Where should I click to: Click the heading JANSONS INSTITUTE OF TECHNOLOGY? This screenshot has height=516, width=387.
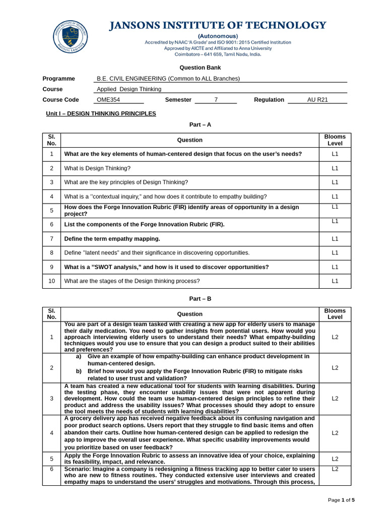click(x=218, y=26)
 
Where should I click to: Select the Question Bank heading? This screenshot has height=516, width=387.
click(x=200, y=68)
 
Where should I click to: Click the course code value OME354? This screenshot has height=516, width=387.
click(x=108, y=100)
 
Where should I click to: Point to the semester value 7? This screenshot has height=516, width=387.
click(x=216, y=100)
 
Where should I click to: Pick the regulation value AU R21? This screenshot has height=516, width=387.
click(x=317, y=100)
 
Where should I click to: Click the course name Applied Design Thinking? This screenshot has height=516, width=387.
click(x=129, y=89)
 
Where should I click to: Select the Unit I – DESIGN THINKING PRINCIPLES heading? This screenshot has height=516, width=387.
click(x=101, y=114)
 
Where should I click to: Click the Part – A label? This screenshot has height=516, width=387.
click(x=200, y=124)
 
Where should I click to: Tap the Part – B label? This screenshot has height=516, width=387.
click(x=200, y=299)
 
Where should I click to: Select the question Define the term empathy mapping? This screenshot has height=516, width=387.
click(x=112, y=239)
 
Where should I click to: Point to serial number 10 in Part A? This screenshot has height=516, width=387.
click(x=51, y=281)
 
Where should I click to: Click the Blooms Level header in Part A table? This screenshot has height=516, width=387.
click(x=335, y=140)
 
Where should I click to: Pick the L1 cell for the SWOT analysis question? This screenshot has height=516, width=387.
click(x=335, y=267)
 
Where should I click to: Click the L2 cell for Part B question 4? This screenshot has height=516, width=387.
click(x=335, y=433)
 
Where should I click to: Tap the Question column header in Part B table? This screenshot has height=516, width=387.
click(x=190, y=314)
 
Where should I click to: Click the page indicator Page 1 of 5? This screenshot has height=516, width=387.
click(x=341, y=500)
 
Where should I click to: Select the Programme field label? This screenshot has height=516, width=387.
click(x=59, y=79)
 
